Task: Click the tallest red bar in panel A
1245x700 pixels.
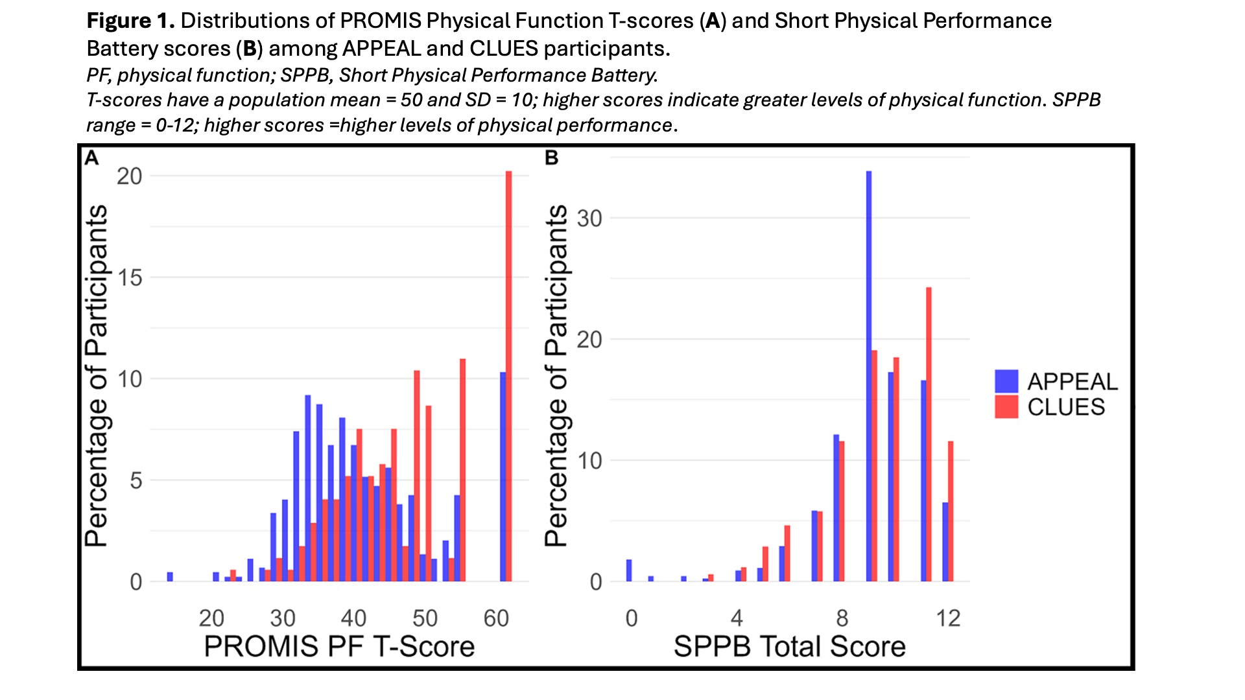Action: click(509, 376)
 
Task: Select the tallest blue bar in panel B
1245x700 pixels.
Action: click(869, 376)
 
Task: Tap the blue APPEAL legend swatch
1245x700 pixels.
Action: click(1006, 381)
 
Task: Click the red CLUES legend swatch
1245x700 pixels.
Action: click(1006, 407)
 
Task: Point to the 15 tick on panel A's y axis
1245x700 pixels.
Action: click(130, 277)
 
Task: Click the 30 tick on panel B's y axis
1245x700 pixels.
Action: click(589, 218)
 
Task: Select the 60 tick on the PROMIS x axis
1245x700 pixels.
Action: click(496, 618)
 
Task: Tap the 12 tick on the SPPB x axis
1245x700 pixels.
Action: click(948, 618)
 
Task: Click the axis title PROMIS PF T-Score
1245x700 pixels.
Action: click(339, 647)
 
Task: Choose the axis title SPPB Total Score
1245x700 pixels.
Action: click(789, 647)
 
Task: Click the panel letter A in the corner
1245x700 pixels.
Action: click(91, 157)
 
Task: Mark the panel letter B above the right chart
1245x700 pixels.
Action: click(551, 157)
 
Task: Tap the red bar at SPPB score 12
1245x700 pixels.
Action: click(951, 511)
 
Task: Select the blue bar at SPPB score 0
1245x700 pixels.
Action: click(629, 570)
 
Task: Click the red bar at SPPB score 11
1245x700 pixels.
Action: click(929, 434)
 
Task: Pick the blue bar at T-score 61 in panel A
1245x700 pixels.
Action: click(503, 477)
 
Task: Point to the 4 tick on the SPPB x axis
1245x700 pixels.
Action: click(737, 618)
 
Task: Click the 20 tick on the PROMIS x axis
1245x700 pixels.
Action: click(211, 618)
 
